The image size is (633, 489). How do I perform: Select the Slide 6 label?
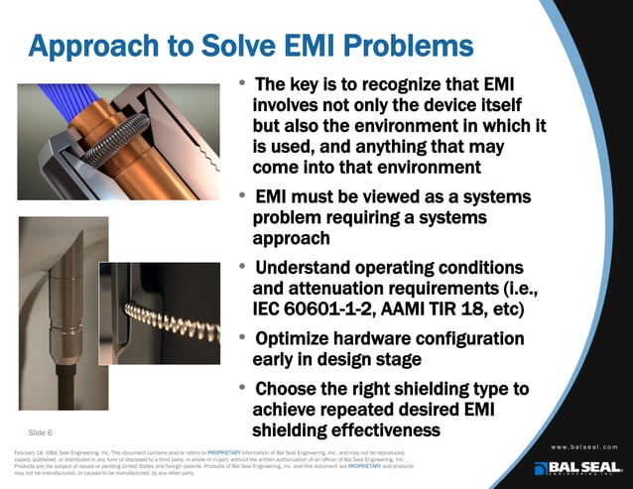[40, 432]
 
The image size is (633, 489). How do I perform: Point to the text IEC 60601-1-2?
[317, 309]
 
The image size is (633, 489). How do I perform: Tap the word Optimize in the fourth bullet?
[298, 339]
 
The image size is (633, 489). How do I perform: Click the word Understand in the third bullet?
[309, 268]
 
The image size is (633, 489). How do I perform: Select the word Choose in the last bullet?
[289, 389]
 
